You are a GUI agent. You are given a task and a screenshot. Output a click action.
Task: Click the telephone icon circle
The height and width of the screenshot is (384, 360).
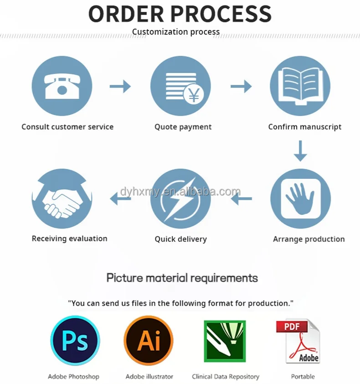(x=62, y=86)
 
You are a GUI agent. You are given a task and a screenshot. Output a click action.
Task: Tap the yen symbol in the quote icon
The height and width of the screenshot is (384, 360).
(x=194, y=95)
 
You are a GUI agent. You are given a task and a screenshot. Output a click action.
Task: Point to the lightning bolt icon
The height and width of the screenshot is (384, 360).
(x=180, y=198)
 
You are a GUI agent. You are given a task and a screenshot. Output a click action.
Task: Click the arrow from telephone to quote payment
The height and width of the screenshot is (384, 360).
(x=120, y=86)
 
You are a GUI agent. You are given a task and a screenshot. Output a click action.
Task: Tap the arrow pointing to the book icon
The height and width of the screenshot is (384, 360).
(x=241, y=86)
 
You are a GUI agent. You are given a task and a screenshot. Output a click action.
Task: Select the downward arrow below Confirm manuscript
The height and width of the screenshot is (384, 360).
(x=300, y=151)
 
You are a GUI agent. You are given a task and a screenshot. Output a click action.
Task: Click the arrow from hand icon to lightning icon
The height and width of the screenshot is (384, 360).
(x=241, y=198)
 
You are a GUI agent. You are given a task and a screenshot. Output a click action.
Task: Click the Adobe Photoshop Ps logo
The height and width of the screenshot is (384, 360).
(x=75, y=341)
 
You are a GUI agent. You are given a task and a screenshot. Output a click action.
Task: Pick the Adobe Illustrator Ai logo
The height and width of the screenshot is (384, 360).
(x=149, y=341)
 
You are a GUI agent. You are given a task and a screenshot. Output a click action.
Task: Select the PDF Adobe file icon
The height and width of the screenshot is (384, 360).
(x=298, y=342)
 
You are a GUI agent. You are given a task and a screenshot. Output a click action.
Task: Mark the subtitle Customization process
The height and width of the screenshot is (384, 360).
(x=176, y=32)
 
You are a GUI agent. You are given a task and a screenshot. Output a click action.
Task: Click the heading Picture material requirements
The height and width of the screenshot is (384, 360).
(x=182, y=278)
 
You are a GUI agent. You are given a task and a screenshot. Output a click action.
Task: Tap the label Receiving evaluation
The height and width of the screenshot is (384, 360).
(x=70, y=239)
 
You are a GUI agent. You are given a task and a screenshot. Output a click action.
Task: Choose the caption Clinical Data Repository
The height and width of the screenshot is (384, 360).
(x=226, y=377)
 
